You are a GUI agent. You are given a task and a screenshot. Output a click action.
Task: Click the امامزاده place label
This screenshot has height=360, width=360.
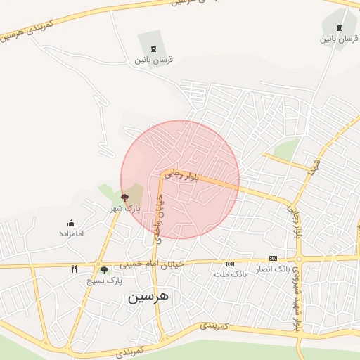pos(72,233)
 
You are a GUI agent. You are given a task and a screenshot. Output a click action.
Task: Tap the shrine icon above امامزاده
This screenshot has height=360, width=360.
pos(72,223)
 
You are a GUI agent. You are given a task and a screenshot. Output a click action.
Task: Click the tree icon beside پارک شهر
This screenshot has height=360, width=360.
pos(124,198)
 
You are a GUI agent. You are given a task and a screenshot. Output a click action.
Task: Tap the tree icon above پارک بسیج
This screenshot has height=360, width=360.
pos(105,270)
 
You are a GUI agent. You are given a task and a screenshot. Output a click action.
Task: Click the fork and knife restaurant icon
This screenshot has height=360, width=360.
pos(74,269)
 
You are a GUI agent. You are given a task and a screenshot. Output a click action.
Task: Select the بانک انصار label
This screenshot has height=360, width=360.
pos(272,269)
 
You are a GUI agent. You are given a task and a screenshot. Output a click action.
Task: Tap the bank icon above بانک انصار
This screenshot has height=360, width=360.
pos(273,258)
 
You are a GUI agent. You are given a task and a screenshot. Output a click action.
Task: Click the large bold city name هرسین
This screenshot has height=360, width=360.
pos(149,297)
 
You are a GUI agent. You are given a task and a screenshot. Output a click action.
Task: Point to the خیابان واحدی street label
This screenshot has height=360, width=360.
pos(157,218)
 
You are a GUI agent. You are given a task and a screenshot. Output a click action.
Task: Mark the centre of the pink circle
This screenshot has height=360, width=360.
pos(180,179)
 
